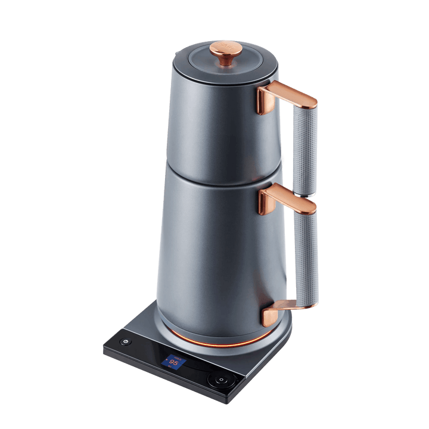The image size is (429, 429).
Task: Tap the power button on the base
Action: (125, 342)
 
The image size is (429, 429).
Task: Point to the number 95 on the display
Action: (174, 361)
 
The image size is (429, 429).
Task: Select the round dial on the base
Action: (220, 380)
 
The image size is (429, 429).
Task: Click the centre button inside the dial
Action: (220, 380)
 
